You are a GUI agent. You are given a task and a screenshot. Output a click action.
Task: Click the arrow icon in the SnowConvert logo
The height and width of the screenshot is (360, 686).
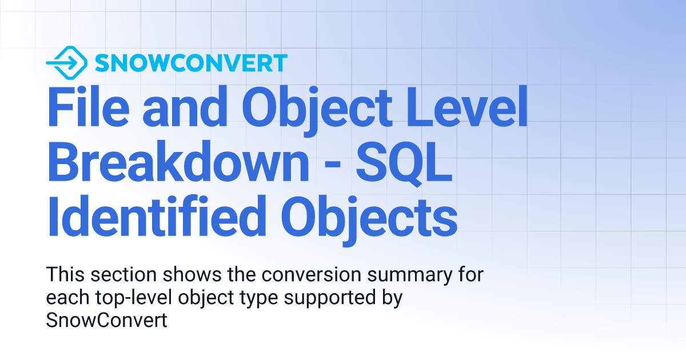point(66,62)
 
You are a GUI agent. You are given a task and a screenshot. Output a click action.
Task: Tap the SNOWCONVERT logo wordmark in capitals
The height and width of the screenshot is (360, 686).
point(190,63)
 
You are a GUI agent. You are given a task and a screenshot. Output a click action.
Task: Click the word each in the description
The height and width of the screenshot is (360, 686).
point(65,297)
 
